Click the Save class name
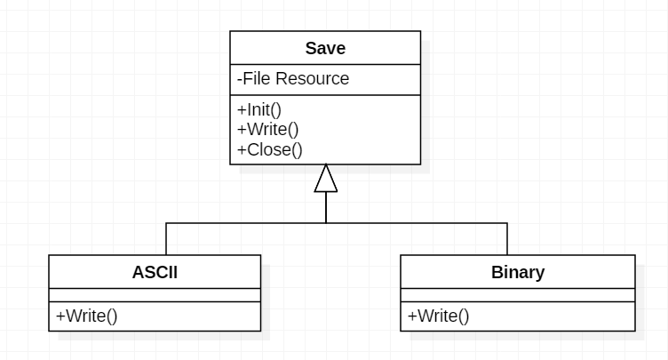click(x=325, y=48)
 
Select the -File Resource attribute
click(x=293, y=79)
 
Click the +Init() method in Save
click(x=259, y=110)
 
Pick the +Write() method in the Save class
click(x=267, y=130)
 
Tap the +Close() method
click(x=270, y=149)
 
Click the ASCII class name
click(x=155, y=272)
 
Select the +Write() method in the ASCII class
click(x=86, y=316)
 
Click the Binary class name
click(x=517, y=272)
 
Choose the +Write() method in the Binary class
click(x=438, y=316)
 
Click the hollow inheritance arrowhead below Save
click(x=326, y=179)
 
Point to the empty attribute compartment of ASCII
click(x=155, y=295)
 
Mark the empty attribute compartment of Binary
click(x=517, y=295)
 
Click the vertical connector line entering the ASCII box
click(x=166, y=239)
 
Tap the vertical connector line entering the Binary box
click(x=507, y=239)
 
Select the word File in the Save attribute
click(x=257, y=79)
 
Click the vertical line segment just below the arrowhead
click(x=326, y=207)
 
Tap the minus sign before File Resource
click(x=240, y=79)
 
